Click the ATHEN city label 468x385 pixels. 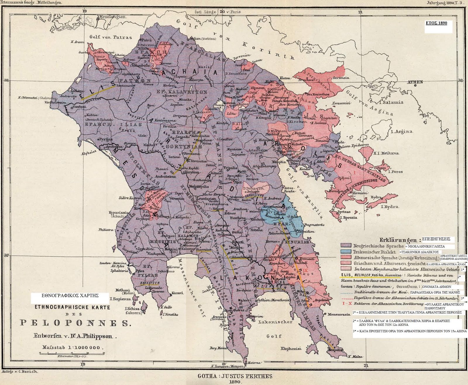(x=415, y=82)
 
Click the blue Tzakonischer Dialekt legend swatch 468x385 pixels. (x=346, y=252)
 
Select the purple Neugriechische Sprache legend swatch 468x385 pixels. (x=346, y=246)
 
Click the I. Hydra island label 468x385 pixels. (x=390, y=207)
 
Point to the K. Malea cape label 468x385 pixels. (x=355, y=357)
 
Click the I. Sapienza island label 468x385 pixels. (x=120, y=299)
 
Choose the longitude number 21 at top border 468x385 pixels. (x=360, y=12)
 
